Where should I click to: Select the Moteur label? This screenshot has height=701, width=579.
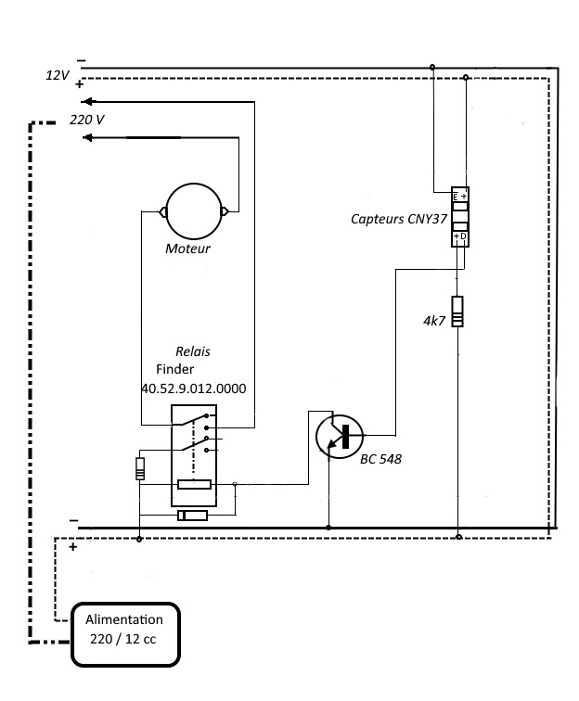pos(187,249)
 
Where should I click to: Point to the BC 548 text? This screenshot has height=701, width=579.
pos(380,459)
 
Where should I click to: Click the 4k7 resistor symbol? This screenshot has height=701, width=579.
pos(457,312)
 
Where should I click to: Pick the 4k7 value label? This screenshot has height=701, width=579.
pos(434,321)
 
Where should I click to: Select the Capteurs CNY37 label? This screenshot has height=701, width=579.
pos(399,219)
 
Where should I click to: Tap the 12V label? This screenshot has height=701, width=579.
pos(58,75)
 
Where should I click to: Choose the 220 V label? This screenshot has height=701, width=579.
pos(87,120)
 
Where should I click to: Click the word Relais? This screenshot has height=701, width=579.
pos(193,351)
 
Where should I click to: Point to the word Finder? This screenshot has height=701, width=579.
pos(175,369)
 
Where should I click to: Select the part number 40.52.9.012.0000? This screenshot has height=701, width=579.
pos(194,389)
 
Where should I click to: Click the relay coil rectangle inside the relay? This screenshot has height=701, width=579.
pos(194,484)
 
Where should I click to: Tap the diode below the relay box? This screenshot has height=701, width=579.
pos(193,516)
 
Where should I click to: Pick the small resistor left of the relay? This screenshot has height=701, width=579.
pos(140,468)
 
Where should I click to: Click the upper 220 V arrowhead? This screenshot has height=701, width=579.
pos(87,101)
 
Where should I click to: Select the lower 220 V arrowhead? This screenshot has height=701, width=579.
pos(87,137)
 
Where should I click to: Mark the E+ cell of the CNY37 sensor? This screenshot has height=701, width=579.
pos(460,197)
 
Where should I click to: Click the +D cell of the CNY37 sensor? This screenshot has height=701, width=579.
pos(460,236)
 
